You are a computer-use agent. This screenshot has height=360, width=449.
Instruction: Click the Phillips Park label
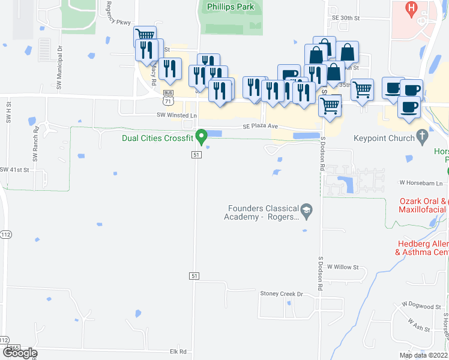point(231,7)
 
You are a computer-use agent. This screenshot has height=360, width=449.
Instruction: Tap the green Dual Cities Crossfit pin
point(202,136)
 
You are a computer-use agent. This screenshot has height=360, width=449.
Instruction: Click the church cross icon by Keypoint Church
point(423,136)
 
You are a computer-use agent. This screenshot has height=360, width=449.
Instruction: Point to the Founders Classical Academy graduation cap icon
point(307,209)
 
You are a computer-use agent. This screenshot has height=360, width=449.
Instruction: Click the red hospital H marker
point(411,8)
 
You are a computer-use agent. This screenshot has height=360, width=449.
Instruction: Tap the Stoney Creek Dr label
point(282,294)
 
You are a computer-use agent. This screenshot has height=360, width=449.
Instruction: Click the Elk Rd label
point(178,352)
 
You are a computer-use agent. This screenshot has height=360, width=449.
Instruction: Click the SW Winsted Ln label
point(177,115)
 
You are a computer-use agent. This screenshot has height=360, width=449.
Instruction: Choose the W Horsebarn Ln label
point(420,182)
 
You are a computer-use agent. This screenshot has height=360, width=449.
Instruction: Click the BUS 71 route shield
point(169,96)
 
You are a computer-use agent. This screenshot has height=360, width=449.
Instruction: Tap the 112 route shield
point(6,233)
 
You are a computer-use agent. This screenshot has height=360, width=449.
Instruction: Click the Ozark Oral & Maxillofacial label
point(423,206)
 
